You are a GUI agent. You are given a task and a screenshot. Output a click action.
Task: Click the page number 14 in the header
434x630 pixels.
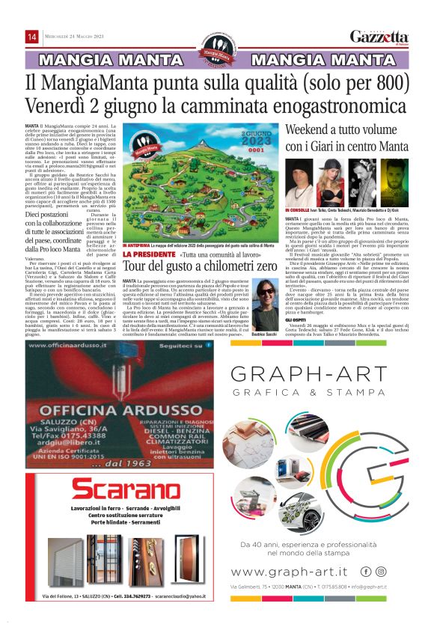pyautogui.click(x=32, y=37)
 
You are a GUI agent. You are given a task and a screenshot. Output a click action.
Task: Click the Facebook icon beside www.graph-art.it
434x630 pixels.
pyautogui.click(x=366, y=572)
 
